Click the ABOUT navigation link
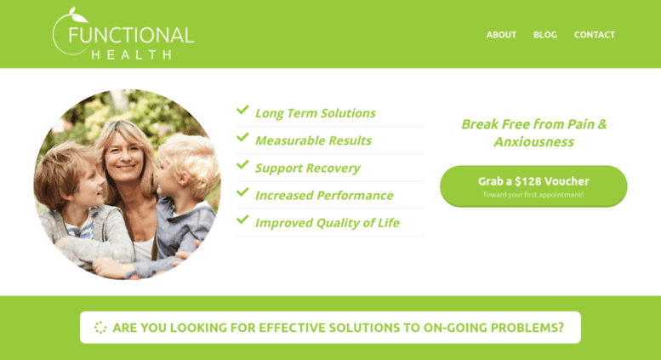tap(501, 35)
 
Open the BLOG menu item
tap(545, 35)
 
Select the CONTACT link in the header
tap(595, 35)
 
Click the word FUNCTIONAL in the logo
tap(131, 35)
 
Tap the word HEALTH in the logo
tap(132, 54)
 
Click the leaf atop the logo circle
tap(77, 14)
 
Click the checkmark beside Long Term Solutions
tap(242, 110)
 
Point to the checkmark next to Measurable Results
tap(242, 137)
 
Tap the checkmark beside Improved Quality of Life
tap(242, 220)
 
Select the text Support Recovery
tap(307, 169)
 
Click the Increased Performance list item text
tap(324, 195)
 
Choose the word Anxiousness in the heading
tap(533, 141)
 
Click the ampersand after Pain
tap(602, 124)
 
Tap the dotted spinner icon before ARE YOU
tap(100, 328)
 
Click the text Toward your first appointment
tap(533, 195)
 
